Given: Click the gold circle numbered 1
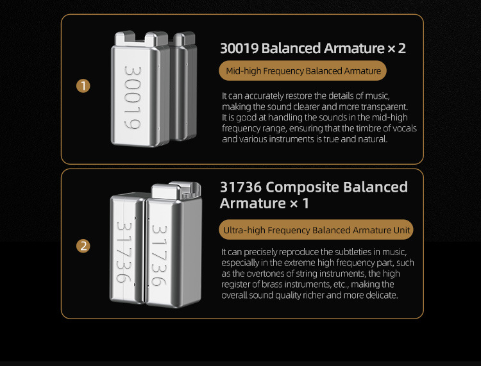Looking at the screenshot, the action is [83, 86].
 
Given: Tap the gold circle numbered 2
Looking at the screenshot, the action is [83, 246].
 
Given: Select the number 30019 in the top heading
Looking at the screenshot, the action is [239, 48].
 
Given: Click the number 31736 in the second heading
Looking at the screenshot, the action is [240, 187].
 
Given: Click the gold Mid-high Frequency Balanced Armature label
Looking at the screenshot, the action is [303, 71].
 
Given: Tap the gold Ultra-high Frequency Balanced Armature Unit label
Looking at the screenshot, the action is [316, 230].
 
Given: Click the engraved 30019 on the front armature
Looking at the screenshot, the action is [133, 97].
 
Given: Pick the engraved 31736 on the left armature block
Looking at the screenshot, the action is [124, 253].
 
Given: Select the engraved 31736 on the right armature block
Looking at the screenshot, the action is [159, 256].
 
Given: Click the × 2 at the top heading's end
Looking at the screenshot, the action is [396, 48].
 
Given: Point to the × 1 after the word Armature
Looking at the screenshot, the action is [299, 203].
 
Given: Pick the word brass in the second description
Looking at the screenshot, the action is [271, 284].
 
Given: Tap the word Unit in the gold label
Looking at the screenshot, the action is [401, 230].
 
